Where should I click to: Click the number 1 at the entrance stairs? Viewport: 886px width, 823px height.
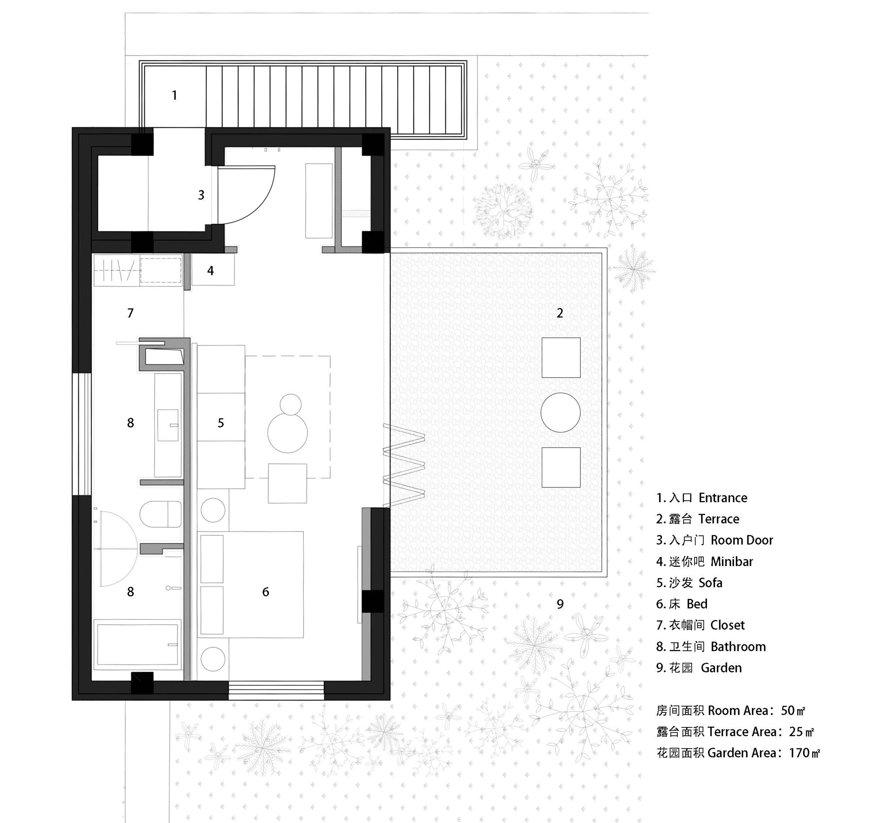[174, 95]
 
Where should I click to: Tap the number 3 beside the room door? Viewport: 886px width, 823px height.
[201, 195]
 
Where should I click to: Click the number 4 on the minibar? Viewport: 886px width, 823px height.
[210, 271]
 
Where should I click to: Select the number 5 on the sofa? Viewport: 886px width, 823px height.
[221, 423]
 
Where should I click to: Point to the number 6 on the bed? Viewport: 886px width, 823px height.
[266, 592]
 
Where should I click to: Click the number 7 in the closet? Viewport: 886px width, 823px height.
[130, 313]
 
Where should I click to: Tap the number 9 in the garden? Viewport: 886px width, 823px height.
[560, 604]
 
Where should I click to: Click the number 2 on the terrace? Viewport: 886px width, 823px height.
[560, 313]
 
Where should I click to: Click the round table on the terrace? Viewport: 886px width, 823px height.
[561, 413]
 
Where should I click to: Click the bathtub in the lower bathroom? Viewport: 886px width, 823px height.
[137, 645]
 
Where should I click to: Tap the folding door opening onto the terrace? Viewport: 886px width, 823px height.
[404, 466]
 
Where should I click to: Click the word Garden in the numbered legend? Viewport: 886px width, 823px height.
[721, 668]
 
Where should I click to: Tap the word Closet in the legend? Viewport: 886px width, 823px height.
[727, 625]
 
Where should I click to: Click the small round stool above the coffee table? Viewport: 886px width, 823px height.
[291, 404]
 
